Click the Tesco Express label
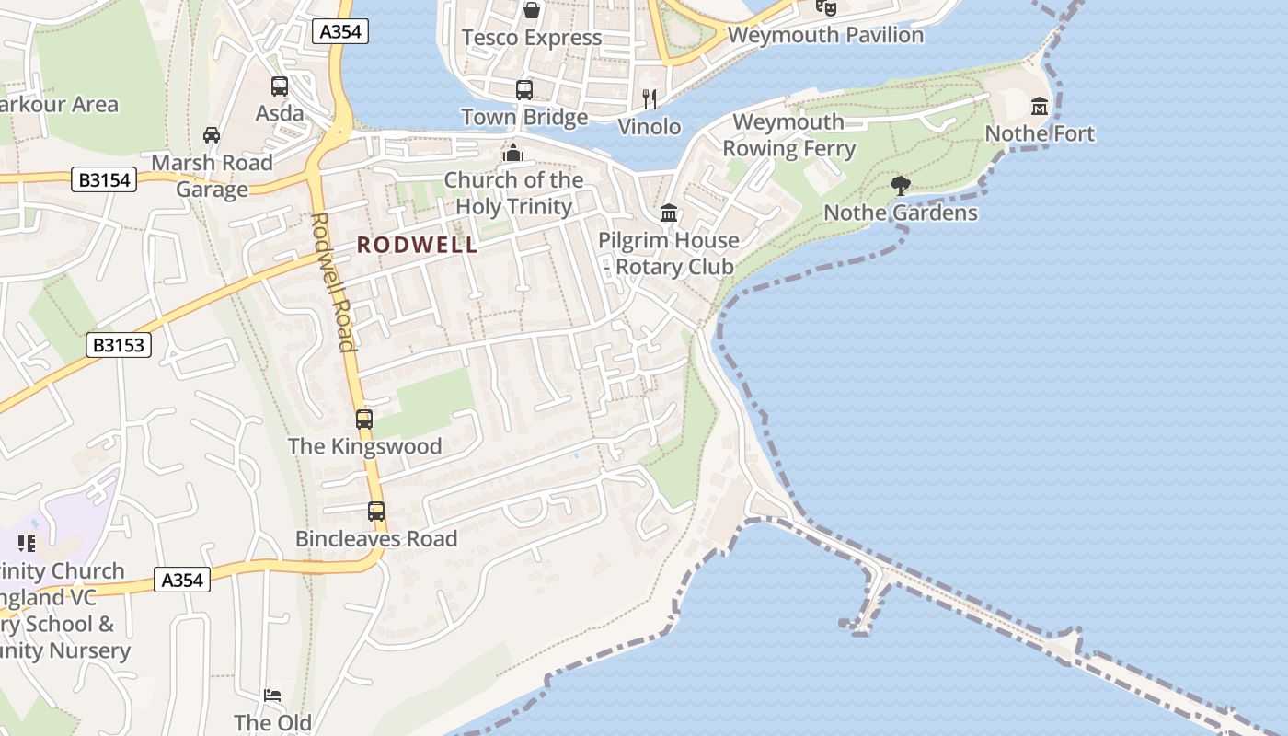tap(532, 38)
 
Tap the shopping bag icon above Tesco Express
tap(532, 10)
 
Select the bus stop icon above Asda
tap(280, 86)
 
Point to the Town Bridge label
tap(524, 117)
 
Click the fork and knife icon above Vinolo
tap(650, 98)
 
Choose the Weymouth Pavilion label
tap(825, 35)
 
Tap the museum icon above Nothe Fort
tap(1040, 107)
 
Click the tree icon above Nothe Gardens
tap(901, 186)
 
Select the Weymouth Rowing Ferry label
tap(788, 135)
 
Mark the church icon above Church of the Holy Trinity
tap(513, 153)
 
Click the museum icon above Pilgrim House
tap(669, 213)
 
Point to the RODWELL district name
tap(418, 245)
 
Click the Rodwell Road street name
tap(333, 282)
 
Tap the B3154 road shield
tap(104, 179)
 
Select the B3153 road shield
tap(120, 345)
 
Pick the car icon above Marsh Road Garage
tap(212, 135)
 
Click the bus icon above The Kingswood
tap(364, 420)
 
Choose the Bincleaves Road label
tap(376, 539)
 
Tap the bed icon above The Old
tap(272, 696)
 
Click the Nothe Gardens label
tap(900, 213)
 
